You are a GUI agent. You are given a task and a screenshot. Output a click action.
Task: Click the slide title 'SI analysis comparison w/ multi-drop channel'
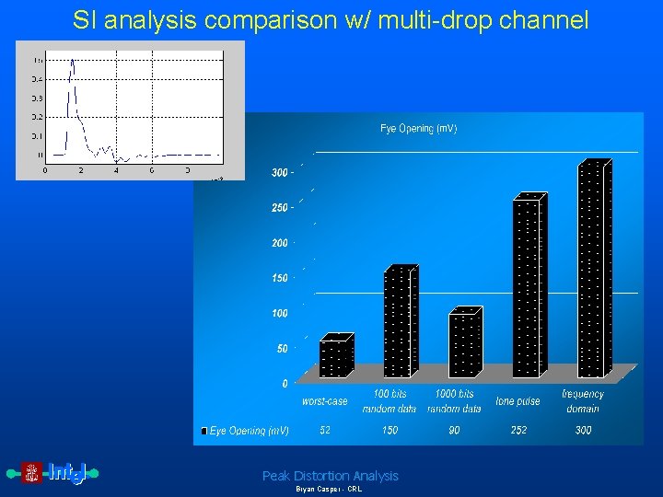click(331, 20)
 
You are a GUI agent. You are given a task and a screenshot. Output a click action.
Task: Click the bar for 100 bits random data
click(400, 322)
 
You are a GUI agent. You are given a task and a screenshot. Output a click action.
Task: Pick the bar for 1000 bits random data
click(465, 344)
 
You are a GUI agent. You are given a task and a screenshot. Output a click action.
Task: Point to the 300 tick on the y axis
click(280, 172)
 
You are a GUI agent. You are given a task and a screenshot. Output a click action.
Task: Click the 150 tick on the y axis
click(280, 278)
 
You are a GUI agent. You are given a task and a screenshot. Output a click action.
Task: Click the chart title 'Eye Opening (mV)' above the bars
click(418, 129)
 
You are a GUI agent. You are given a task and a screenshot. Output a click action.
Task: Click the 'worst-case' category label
click(325, 401)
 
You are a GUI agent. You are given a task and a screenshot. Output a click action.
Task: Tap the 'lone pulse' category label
click(518, 401)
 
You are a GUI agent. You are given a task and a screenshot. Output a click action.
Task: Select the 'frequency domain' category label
click(582, 401)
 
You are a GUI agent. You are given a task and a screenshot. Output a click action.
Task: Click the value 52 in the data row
click(325, 430)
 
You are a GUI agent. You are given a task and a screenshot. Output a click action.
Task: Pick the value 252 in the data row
click(518, 430)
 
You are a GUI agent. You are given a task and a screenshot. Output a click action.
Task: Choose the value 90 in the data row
click(454, 430)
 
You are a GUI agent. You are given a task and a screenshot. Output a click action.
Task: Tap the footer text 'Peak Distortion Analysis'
click(331, 476)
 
